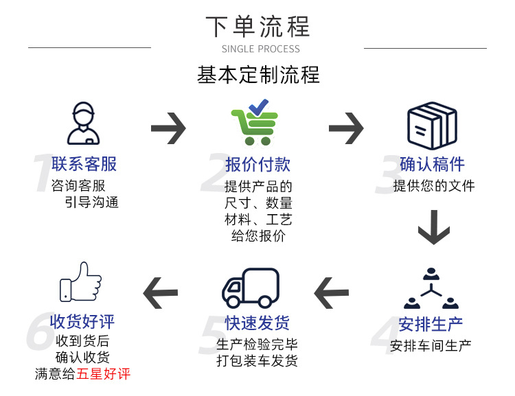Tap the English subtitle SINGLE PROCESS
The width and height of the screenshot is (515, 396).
click(261, 49)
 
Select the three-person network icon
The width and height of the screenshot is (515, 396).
click(431, 290)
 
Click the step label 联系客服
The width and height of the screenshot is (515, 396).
click(84, 164)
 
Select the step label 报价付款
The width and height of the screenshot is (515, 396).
click(257, 164)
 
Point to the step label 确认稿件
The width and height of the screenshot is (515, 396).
click(432, 164)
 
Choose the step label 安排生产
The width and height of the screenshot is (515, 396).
click(431, 323)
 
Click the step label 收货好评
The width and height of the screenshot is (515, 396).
click(82, 321)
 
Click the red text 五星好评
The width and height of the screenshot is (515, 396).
click(103, 374)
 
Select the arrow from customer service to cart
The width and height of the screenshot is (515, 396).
click(168, 128)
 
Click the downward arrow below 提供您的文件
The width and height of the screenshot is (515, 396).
click(434, 228)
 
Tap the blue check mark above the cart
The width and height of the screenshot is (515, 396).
click(259, 107)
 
